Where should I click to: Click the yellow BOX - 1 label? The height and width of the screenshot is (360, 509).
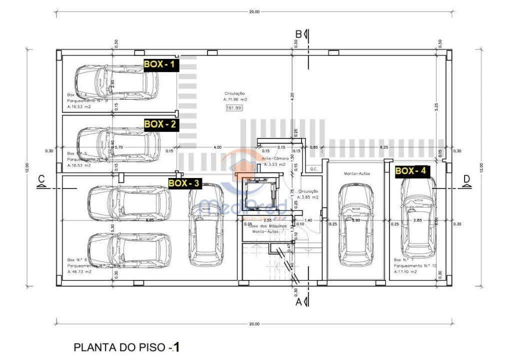pyautogui.click(x=160, y=64)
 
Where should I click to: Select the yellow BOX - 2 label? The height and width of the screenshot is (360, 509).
pyautogui.click(x=160, y=124)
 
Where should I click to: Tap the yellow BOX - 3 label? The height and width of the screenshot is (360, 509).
pyautogui.click(x=184, y=183)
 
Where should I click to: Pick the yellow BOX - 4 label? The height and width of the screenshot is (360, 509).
pyautogui.click(x=411, y=170)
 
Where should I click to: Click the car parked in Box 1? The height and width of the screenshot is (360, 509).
pyautogui.click(x=116, y=82)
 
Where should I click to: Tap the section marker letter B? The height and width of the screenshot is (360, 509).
pyautogui.click(x=298, y=33)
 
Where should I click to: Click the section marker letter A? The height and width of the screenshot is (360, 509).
pyautogui.click(x=298, y=301)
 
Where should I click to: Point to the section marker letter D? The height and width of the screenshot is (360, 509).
pyautogui.click(x=466, y=178)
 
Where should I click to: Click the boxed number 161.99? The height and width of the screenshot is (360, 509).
pyautogui.click(x=234, y=107)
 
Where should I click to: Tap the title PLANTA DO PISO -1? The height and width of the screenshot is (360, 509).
pyautogui.click(x=126, y=347)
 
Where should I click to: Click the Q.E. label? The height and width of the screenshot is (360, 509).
pyautogui.click(x=314, y=169)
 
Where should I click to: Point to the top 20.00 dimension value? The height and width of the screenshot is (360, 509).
pyautogui.click(x=254, y=11)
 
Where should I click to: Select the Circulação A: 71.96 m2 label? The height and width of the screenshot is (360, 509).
pyautogui.click(x=235, y=96)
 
